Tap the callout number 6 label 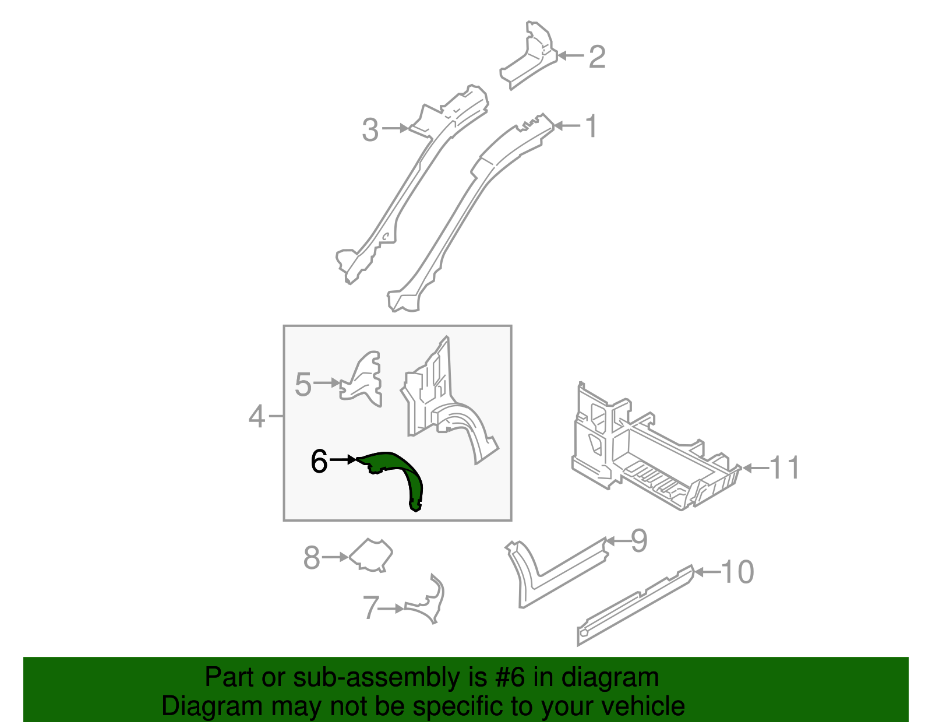319,462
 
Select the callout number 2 597,57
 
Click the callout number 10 738,572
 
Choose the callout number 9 639,541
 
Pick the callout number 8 312,558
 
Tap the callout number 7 371,608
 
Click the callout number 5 303,385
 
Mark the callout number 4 256,417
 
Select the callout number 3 370,129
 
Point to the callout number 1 591,126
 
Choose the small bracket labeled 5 363,379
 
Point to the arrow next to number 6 343,460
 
